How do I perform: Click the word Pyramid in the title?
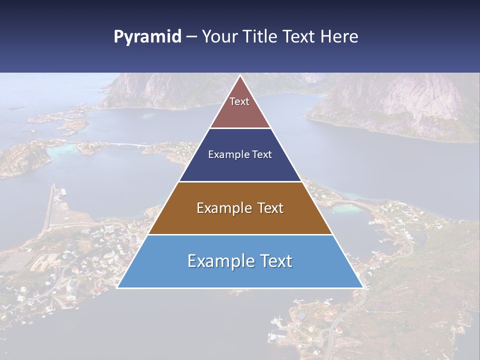point(147,37)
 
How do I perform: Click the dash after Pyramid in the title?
point(191,37)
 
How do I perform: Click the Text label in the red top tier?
point(239,102)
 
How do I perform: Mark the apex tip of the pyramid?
point(240,76)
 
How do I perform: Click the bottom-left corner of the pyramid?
point(118,287)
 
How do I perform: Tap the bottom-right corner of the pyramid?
point(362,287)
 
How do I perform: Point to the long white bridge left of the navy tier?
point(125,145)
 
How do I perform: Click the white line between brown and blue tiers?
point(240,234)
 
